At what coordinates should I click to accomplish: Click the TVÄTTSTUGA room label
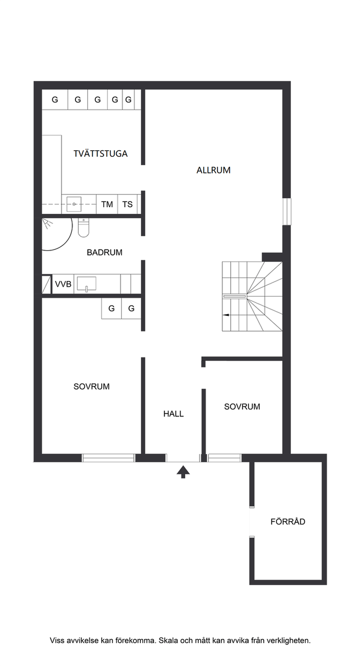click(x=100, y=153)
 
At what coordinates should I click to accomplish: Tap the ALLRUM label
click(x=213, y=170)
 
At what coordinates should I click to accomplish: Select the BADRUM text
click(x=105, y=252)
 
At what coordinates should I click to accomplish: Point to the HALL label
click(x=173, y=414)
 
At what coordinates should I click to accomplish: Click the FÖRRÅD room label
click(x=288, y=521)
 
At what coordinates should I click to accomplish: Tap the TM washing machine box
click(x=107, y=204)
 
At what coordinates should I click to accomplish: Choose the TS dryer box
click(x=127, y=204)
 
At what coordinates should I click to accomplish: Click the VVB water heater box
click(x=63, y=284)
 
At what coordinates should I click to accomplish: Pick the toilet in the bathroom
click(x=84, y=227)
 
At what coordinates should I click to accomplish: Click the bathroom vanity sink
click(x=87, y=283)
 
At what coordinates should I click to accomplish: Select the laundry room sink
click(x=74, y=204)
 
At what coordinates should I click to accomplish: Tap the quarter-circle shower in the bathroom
click(x=57, y=234)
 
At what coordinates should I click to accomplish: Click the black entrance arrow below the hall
click(x=183, y=472)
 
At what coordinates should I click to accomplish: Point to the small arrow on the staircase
click(x=226, y=315)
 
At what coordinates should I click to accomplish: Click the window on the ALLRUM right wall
click(x=286, y=212)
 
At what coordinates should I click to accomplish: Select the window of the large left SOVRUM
click(x=109, y=457)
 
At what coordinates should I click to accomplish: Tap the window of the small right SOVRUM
click(x=224, y=457)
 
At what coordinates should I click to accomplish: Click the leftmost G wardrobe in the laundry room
click(x=55, y=99)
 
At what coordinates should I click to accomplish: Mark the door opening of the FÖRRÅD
click(x=252, y=521)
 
